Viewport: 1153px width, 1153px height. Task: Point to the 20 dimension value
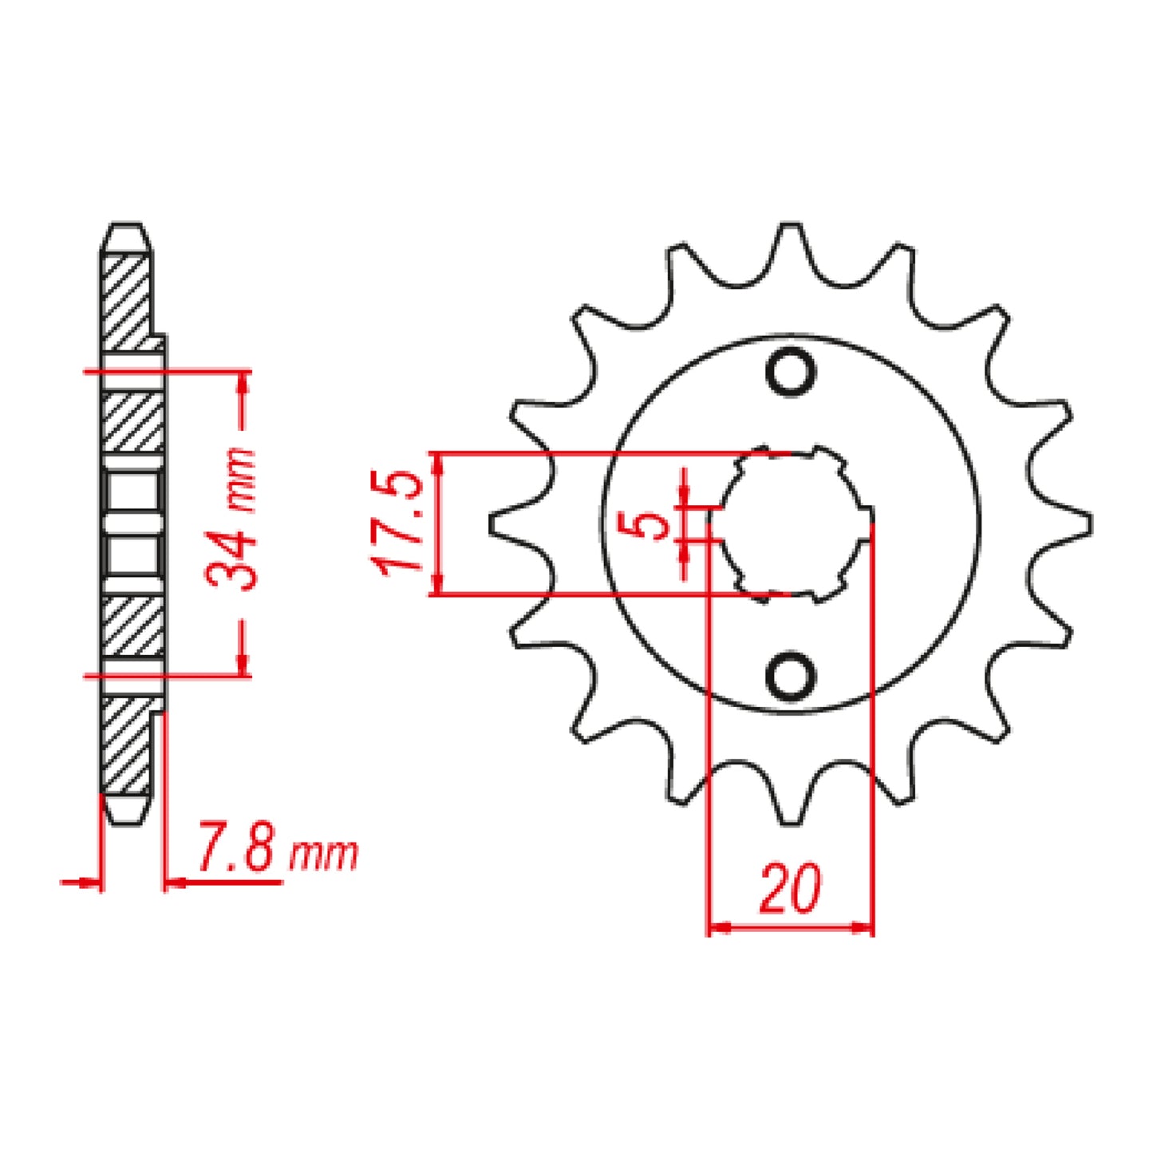(789, 888)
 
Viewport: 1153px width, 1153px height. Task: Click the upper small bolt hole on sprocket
(791, 371)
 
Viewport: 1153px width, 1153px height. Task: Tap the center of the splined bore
(794, 523)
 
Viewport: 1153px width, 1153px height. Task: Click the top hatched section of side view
(126, 299)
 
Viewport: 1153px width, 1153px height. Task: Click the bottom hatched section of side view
(126, 746)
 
